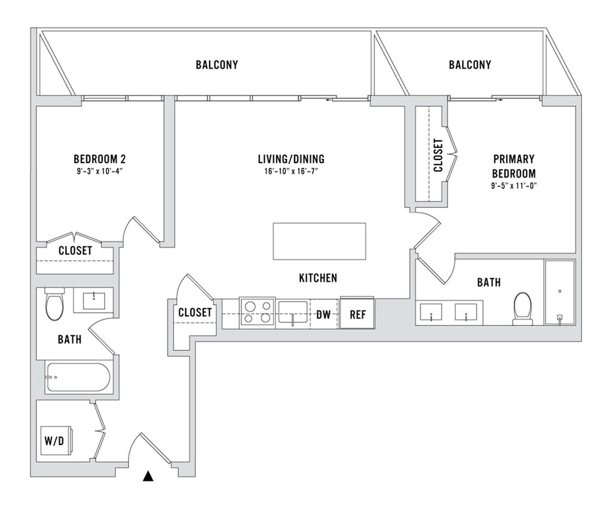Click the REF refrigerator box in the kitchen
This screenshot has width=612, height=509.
click(x=357, y=312)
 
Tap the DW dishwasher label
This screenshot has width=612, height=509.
click(x=323, y=312)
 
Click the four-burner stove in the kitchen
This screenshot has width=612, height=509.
click(x=258, y=312)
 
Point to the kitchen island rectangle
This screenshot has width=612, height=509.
click(x=319, y=241)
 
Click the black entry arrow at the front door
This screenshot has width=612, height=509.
click(x=148, y=476)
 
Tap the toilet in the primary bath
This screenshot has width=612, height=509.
click(x=522, y=308)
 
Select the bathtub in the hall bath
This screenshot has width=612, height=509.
click(x=78, y=378)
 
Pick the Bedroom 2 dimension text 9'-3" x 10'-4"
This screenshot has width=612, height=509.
click(x=99, y=171)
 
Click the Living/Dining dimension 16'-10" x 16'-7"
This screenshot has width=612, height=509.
click(x=291, y=171)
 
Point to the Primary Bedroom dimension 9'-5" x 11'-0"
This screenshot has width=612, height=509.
click(x=514, y=185)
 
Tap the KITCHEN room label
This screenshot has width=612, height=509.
click(x=318, y=278)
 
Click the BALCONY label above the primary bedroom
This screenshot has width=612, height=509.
click(x=470, y=65)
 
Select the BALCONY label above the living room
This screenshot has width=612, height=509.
click(x=216, y=65)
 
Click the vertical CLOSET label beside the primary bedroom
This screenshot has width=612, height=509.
click(x=438, y=155)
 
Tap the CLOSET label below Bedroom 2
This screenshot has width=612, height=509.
click(x=75, y=251)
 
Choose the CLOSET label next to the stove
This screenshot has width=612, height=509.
click(x=195, y=312)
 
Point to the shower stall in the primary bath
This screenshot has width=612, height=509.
click(x=559, y=292)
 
